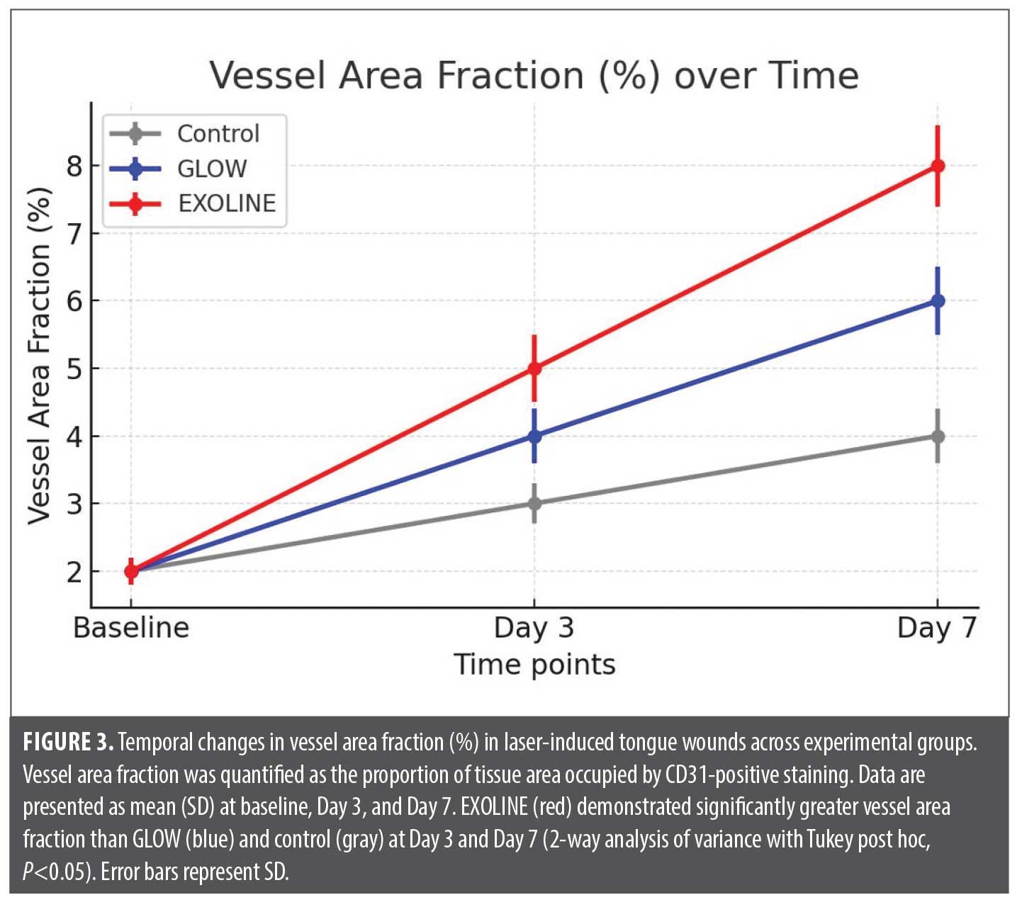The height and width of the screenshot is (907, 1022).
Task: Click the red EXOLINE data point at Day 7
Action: [938, 166]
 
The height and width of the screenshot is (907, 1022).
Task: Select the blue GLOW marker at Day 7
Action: [938, 300]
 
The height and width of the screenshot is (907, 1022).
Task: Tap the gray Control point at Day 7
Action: [938, 436]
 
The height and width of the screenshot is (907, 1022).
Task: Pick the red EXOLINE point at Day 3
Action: [534, 368]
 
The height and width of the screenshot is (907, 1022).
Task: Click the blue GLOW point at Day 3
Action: [534, 436]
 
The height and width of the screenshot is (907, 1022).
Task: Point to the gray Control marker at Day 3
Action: [534, 504]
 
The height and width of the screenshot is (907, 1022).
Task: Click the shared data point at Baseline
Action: [131, 571]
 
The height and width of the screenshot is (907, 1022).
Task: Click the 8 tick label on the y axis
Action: [74, 167]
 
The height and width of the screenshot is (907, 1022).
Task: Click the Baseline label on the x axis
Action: [131, 628]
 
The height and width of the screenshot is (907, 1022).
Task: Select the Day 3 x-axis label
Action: [534, 628]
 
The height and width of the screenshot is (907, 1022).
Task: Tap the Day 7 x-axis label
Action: [937, 628]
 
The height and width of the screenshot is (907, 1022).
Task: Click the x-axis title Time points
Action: [534, 665]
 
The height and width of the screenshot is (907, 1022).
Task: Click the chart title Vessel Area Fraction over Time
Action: [534, 75]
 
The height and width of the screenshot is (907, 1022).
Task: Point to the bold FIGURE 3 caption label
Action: [68, 743]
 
